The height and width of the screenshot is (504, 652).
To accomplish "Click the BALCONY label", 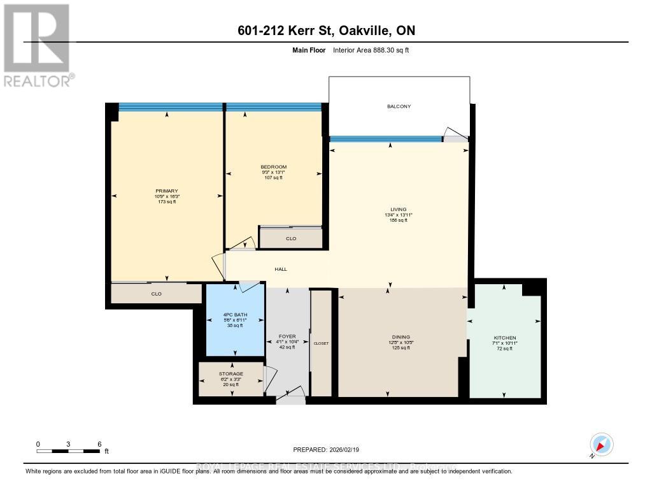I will tap(399, 106).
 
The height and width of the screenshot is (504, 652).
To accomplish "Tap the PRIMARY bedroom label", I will tap(166, 191).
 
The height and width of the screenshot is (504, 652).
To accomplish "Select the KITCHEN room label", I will tap(505, 338).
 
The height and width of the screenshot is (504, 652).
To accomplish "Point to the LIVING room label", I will tap(399, 210).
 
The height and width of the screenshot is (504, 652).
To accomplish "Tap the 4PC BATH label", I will tap(234, 314).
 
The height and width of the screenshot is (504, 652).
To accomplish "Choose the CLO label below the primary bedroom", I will tap(156, 294).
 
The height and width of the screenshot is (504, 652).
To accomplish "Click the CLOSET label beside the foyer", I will tap(321, 343).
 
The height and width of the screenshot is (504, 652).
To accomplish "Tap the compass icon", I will tap(601, 444).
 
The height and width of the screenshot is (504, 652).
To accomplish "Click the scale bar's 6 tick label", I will tap(99, 444).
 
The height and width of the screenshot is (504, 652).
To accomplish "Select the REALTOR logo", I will tap(37, 45).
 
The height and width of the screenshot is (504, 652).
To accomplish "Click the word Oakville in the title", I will tap(372, 31).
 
